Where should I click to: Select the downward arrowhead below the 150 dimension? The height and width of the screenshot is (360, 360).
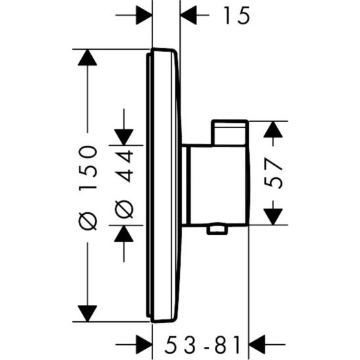tap(87, 313)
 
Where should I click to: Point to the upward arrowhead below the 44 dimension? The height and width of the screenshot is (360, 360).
tap(124, 233)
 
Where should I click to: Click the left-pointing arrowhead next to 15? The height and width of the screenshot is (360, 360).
tap(190, 14)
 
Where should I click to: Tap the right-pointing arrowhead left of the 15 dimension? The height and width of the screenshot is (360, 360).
tap(143, 14)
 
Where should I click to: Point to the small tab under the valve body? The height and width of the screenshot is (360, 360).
tap(217, 229)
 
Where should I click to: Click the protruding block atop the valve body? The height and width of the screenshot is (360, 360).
tap(229, 132)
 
